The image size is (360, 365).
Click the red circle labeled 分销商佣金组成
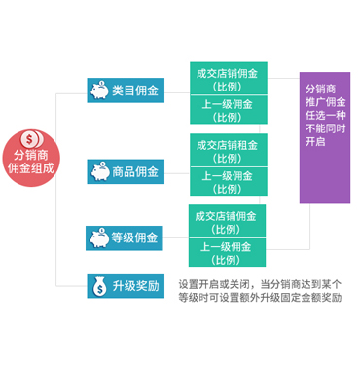(31, 159)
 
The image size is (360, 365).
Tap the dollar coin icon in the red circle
(31, 139)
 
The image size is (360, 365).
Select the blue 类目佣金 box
(126, 91)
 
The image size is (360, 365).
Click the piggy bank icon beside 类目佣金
(99, 90)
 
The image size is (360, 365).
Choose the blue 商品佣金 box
(126, 171)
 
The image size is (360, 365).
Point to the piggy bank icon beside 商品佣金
(100, 171)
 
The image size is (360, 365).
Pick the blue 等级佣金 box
(125, 238)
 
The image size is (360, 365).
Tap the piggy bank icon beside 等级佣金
(99, 237)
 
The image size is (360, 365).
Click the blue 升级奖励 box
(126, 286)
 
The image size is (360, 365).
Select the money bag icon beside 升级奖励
(99, 286)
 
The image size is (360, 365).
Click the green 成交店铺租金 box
(229, 150)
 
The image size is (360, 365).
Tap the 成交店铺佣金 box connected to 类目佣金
(229, 79)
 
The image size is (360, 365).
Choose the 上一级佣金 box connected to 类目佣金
(229, 110)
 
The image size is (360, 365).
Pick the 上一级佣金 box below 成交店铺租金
(229, 182)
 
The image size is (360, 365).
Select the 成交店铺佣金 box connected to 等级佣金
(227, 221)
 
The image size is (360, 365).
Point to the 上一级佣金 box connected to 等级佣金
(227, 253)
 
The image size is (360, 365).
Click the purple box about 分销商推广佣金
(325, 138)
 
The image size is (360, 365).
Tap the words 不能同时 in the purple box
(325, 128)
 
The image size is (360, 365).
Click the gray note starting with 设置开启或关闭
(260, 291)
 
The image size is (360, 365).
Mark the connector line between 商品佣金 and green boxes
(177, 173)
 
